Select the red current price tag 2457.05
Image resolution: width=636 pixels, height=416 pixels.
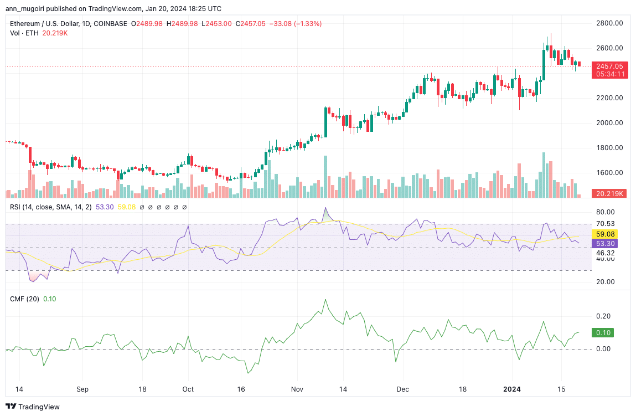pos(609,66)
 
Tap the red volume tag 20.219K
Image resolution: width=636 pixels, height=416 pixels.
pos(609,194)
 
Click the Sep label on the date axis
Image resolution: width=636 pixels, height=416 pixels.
pos(82,389)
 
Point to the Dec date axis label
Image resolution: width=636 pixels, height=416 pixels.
pos(403,389)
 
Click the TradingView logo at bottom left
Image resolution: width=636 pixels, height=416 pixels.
pos(33,407)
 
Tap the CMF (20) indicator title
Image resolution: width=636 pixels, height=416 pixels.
pos(25,299)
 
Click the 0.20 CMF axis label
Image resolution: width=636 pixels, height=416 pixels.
pos(603,316)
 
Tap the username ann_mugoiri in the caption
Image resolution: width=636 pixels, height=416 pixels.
pos(28,9)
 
